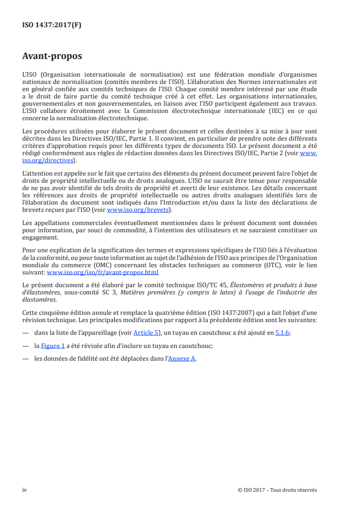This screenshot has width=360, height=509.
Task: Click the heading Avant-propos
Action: (52, 57)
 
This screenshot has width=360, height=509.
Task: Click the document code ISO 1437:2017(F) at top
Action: (52, 25)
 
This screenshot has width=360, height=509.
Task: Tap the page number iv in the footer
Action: (25, 490)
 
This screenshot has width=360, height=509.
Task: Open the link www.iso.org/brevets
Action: (137, 210)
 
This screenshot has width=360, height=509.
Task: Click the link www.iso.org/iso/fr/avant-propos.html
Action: (103, 273)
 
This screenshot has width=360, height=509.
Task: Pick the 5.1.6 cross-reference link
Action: (282, 333)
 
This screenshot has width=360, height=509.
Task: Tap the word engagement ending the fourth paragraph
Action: (40, 238)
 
